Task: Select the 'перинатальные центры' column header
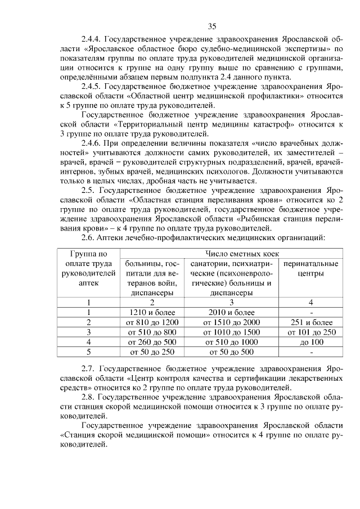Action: click(310, 268)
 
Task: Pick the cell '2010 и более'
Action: click(232, 312)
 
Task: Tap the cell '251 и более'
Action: click(310, 322)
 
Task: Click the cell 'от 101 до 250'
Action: click(310, 332)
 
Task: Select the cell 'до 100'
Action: click(310, 342)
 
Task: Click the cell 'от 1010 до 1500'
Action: click(232, 332)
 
